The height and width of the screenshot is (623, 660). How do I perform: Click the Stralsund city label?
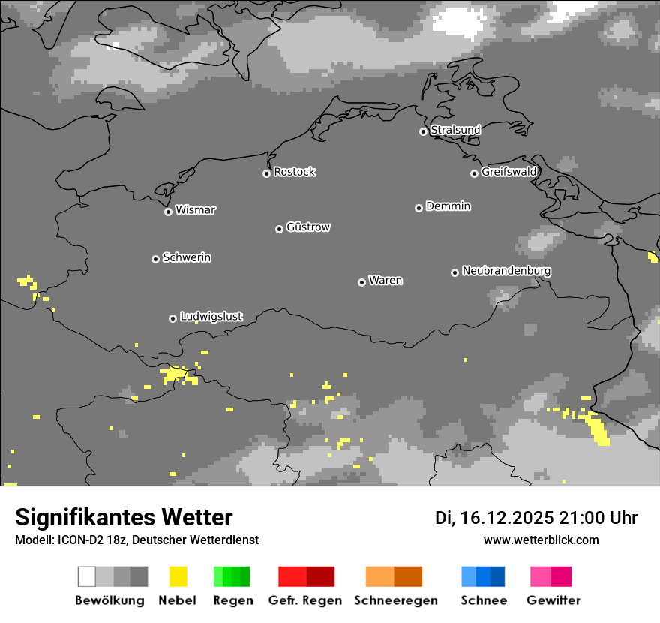(455, 130)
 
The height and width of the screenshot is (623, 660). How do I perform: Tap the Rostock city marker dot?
(266, 173)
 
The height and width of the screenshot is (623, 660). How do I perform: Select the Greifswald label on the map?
(508, 172)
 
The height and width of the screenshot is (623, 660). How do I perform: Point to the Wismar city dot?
(168, 212)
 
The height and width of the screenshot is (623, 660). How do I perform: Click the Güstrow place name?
(308, 227)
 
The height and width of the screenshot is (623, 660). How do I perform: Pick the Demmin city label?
(448, 206)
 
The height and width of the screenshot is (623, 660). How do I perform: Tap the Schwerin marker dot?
(155, 259)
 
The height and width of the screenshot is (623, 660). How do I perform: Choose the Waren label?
(385, 281)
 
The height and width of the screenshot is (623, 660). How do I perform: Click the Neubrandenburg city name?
(506, 271)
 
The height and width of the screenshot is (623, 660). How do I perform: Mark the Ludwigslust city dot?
(172, 318)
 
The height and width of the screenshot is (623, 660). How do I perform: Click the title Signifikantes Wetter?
(124, 517)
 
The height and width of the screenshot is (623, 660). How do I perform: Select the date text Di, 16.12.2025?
(494, 518)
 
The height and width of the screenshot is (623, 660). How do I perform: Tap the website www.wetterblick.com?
(541, 540)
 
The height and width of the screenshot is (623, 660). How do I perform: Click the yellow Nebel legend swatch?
(178, 576)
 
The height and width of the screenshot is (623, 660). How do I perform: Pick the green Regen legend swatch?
(232, 576)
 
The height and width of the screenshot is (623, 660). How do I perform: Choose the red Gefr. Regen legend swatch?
(306, 576)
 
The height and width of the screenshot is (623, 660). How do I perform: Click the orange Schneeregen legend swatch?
(394, 576)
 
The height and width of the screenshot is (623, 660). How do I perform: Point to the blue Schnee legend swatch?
(483, 576)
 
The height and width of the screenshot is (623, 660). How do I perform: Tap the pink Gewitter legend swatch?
(551, 576)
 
